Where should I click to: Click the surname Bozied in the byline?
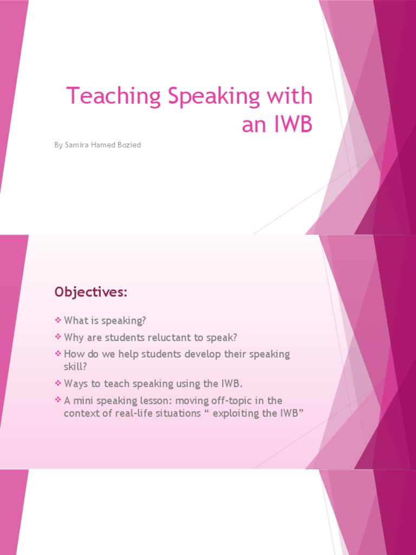[128, 145]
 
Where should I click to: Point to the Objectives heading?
[90, 293]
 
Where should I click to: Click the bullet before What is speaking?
[58, 321]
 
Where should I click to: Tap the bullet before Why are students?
[58, 338]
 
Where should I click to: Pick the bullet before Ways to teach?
[58, 384]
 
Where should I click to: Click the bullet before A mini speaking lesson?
[58, 401]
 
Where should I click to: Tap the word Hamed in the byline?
[102, 145]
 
